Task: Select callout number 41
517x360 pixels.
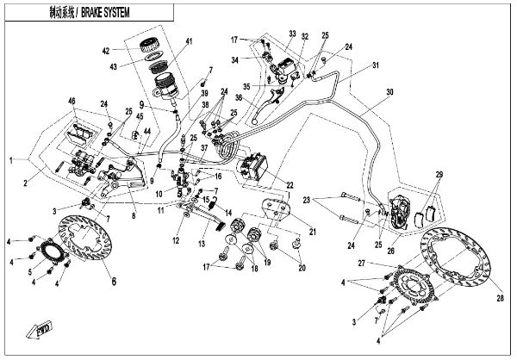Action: pos(190,42)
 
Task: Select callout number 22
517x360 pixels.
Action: pos(290,184)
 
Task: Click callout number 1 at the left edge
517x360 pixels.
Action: pos(11,161)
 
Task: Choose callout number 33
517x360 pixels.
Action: pos(292,34)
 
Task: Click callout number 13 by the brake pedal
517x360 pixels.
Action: pos(202,244)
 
